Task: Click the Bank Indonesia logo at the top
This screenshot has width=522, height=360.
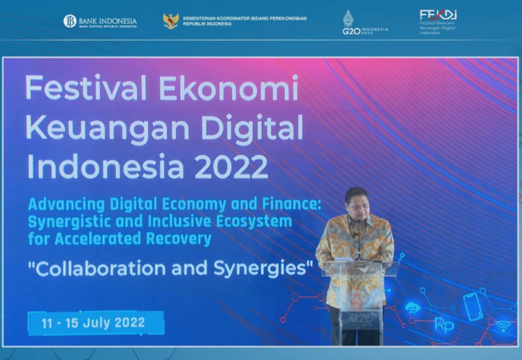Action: click(x=99, y=21)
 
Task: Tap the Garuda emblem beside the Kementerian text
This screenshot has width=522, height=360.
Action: click(x=171, y=20)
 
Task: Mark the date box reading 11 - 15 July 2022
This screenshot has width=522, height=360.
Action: click(x=96, y=322)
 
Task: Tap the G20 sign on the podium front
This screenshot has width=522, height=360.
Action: click(x=360, y=317)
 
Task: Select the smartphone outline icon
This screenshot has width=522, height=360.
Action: click(x=473, y=306)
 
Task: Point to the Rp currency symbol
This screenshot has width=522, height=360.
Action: click(x=444, y=325)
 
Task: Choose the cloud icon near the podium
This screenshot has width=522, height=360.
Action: click(x=413, y=307)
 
